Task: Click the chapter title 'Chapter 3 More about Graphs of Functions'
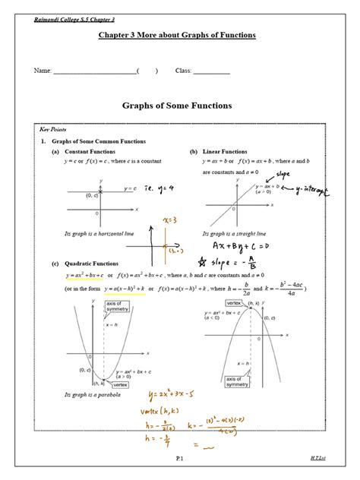(x=177, y=35)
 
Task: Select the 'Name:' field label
(x=43, y=71)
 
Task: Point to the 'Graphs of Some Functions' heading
(x=177, y=106)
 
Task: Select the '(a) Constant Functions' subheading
(x=84, y=152)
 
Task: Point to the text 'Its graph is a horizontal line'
(x=100, y=233)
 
